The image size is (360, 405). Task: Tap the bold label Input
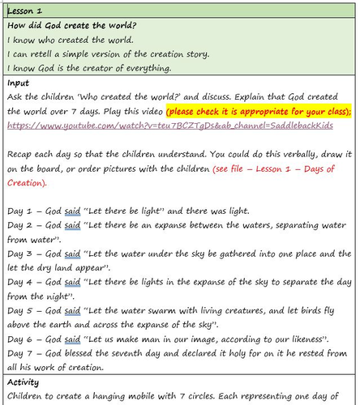pos(19,83)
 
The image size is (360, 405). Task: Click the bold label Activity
pos(24,381)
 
